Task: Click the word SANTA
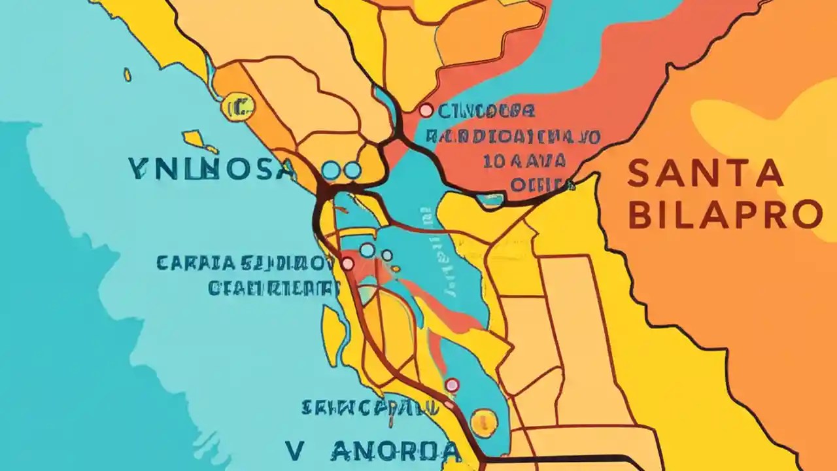click(705, 173)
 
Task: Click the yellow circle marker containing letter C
click(237, 107)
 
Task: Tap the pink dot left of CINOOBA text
click(426, 111)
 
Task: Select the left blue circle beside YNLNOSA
click(332, 171)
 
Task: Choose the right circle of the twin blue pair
click(352, 171)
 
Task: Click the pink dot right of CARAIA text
click(347, 264)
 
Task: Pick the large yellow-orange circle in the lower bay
click(484, 422)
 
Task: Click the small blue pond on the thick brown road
click(489, 200)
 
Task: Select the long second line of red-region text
click(513, 137)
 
